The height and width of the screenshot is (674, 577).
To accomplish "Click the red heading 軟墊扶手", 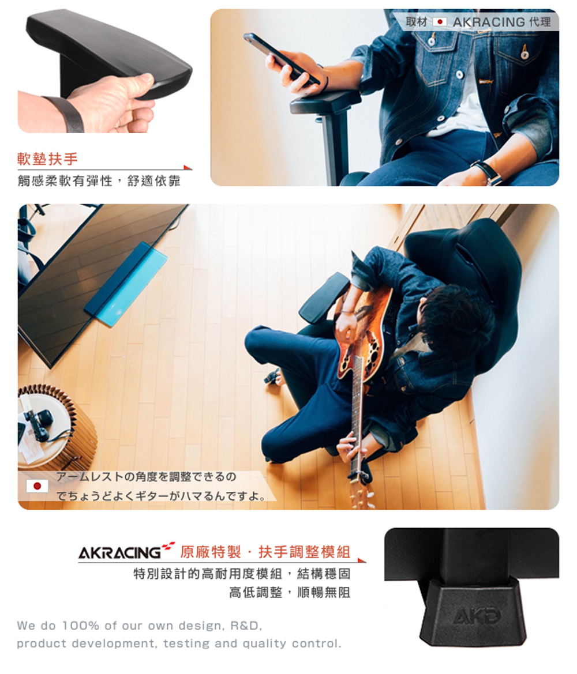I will coord(47,159).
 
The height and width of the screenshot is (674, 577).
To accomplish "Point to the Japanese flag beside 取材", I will coord(440,21).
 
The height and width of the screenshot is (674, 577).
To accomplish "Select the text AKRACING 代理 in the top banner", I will coord(502,22).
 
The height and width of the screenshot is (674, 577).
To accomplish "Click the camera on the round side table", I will coord(38,424).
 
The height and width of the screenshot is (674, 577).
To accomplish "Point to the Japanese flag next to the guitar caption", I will coord(37,485).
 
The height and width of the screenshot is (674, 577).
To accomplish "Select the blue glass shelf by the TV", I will coord(126,283).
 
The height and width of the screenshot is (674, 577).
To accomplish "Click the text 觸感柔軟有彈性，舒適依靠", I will coord(99,182).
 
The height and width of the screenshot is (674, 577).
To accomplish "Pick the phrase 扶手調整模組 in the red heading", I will coord(304,552).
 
